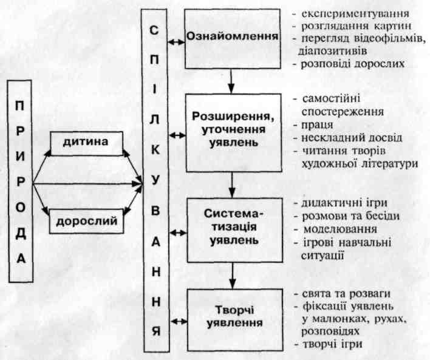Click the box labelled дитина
pos(87,143)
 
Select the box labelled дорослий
pos(87,221)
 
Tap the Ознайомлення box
pos(233,39)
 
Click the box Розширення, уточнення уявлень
pos(234,133)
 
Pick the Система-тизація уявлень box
pos(235,229)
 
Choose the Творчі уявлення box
pos(235,320)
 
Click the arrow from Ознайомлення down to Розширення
pos(231,81)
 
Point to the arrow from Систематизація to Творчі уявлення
pos(233,276)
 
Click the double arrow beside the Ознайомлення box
pos(176,42)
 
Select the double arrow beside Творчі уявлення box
pos(179,321)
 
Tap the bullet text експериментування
pos(355,14)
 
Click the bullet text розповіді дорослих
pos(353,64)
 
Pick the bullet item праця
pos(317,124)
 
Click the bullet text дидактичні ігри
pos(344,203)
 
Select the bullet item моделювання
pos(340,229)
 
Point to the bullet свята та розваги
pos(346,294)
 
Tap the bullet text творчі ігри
pos(332,344)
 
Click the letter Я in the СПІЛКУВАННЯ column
pos(155,331)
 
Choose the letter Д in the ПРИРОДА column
pos(21,233)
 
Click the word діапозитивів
pos(332,51)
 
